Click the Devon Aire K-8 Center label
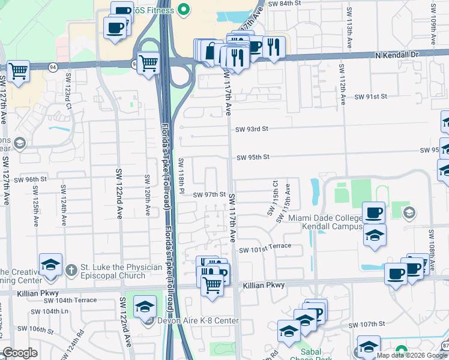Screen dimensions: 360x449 [x=198, y=321]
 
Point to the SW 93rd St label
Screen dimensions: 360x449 [x=251, y=129]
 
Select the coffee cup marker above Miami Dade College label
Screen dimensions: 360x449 [x=374, y=212]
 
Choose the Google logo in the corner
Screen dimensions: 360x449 [x=20, y=353]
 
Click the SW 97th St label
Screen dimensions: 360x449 [x=209, y=195]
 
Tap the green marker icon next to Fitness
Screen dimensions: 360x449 [x=184, y=10]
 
